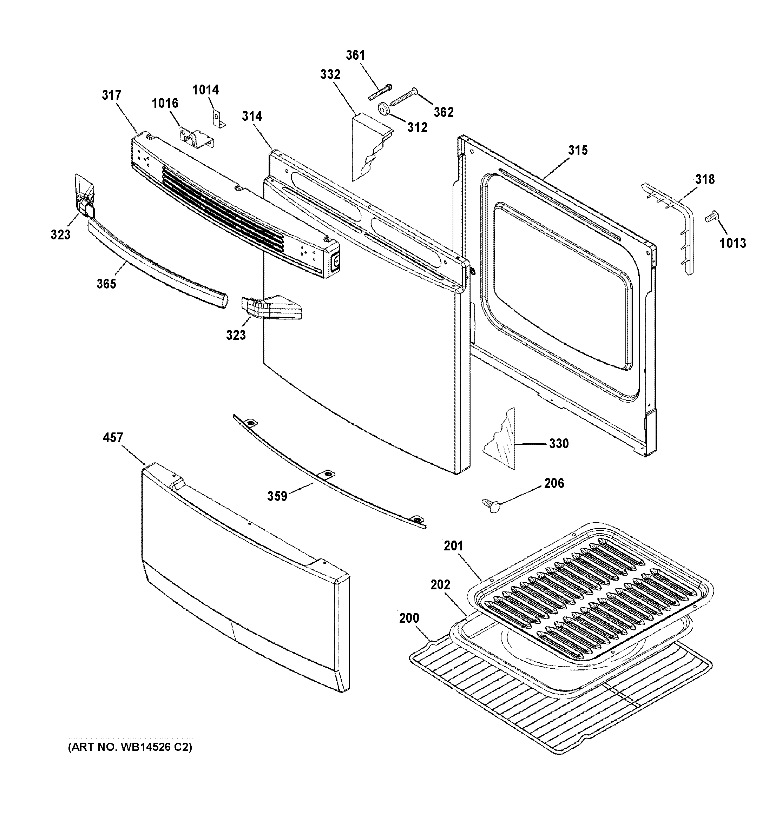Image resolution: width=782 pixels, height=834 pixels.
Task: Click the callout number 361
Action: (x=355, y=55)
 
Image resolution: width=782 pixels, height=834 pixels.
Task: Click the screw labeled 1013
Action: (x=711, y=217)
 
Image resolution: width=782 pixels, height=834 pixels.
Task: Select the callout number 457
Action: (x=113, y=438)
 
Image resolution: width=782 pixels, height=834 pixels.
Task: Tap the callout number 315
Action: (x=578, y=150)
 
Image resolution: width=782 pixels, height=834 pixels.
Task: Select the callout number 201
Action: (x=454, y=546)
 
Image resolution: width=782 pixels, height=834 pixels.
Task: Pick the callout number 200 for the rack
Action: (x=409, y=618)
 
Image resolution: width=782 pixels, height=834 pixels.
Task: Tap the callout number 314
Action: (x=252, y=116)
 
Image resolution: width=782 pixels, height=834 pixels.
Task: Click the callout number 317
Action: (x=111, y=95)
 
